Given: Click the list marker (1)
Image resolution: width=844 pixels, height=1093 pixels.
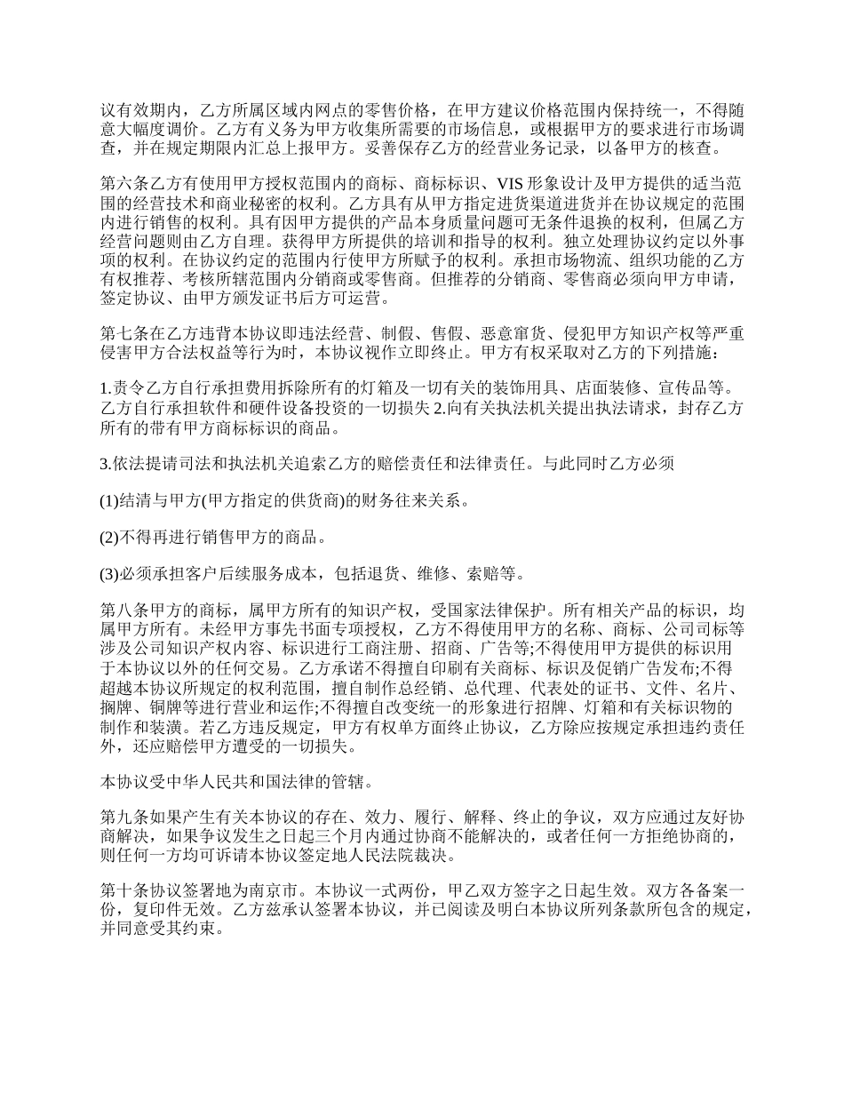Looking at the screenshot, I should click(108, 500).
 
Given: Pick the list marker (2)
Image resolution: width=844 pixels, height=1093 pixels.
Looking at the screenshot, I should click(108, 537).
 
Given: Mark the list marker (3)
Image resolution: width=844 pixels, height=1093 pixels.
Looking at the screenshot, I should click(108, 573).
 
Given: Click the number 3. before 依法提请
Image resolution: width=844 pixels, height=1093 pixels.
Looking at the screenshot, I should click(105, 463).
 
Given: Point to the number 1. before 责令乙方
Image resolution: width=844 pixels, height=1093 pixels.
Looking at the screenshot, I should click(105, 388).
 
